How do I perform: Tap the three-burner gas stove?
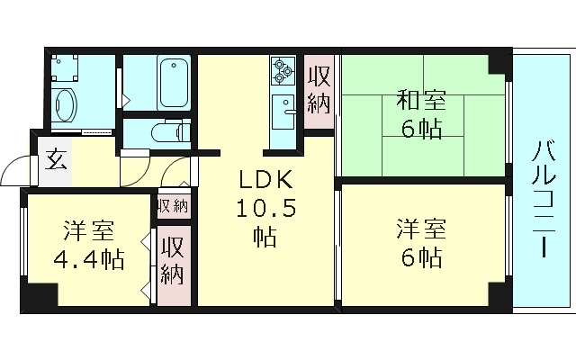tap(283, 69)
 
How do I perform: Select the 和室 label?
tap(420, 99)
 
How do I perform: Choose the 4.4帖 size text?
tap(87, 261)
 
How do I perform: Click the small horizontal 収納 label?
tap(173, 205)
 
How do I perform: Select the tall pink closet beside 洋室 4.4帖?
tap(172, 260)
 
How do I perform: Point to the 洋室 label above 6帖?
tap(420, 230)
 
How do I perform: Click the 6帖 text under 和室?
tap(420, 130)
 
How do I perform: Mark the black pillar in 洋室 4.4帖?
tap(40, 295)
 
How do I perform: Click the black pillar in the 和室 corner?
tap(498, 63)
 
